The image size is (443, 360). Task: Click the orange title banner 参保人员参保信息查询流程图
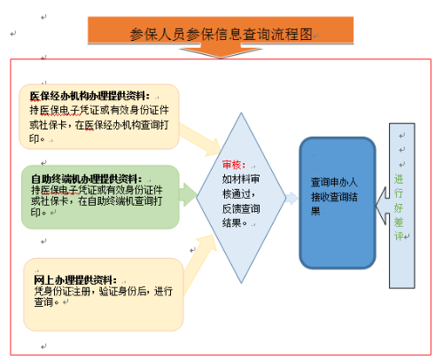[221, 34]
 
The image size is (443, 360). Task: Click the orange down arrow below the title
[221, 51]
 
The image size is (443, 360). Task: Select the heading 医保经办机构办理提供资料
[89, 95]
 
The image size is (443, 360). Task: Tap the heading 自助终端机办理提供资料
[85, 178]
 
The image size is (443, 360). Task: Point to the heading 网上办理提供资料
[74, 280]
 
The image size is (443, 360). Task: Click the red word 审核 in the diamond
[233, 165]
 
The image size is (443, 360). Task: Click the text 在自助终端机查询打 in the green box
[123, 200]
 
